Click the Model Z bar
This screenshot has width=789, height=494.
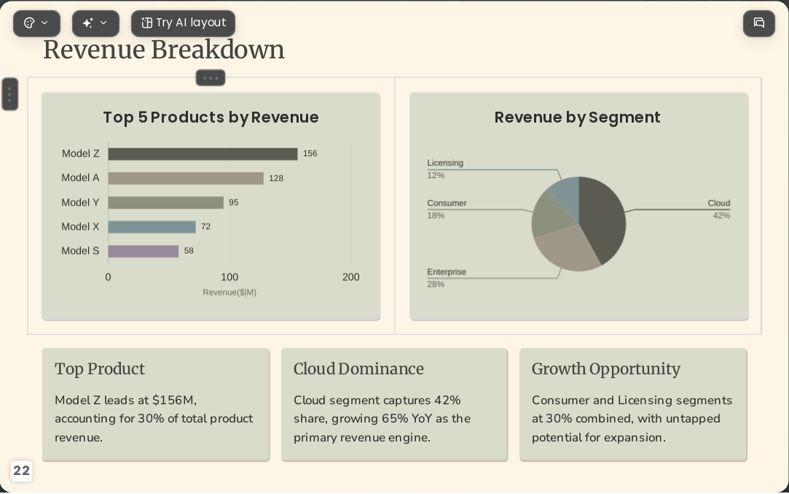pos(203,154)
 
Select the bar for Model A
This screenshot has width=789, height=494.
pos(186,178)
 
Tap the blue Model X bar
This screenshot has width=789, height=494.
pos(152,227)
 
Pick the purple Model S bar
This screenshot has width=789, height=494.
pos(144,251)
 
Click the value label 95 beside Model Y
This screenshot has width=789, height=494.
pos(233,203)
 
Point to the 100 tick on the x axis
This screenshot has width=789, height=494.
pos(229,277)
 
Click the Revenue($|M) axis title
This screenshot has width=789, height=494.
pos(229,293)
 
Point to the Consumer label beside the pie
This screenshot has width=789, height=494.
pos(447,203)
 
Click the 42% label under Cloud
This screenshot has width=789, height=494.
pos(721,216)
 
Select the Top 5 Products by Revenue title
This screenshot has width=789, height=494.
pos(211,117)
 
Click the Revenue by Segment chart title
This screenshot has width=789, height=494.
pos(577,117)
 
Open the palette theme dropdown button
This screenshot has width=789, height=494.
pos(36,23)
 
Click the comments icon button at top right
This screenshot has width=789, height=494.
pos(759,23)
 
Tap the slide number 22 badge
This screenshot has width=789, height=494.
pos(21,471)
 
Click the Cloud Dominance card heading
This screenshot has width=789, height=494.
pos(358,369)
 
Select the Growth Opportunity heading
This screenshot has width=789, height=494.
pos(606,369)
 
